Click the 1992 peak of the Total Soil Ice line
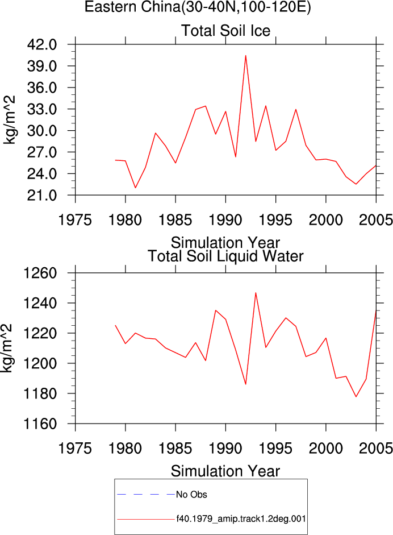[x=245, y=56]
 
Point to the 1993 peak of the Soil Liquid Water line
[x=256, y=293]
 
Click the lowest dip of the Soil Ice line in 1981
[x=135, y=188]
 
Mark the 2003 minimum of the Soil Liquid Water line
[x=356, y=396]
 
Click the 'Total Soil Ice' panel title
[x=225, y=31]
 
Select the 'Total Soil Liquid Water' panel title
[x=225, y=256]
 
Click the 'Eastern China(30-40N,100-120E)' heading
[x=198, y=7]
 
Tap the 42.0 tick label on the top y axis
[x=42, y=44]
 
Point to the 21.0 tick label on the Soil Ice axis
[x=42, y=196]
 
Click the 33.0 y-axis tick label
[x=42, y=109]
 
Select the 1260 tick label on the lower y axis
[x=40, y=273]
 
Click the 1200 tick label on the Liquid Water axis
[x=40, y=363]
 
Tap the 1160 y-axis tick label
[x=40, y=424]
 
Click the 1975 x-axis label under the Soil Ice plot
[x=75, y=220]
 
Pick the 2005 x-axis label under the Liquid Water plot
[x=375, y=449]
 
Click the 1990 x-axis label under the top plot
[x=225, y=220]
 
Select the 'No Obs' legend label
[x=191, y=495]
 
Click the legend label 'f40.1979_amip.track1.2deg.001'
[x=241, y=519]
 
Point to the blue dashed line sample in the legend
[x=146, y=494]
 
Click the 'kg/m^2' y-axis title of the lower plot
[x=7, y=348]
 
